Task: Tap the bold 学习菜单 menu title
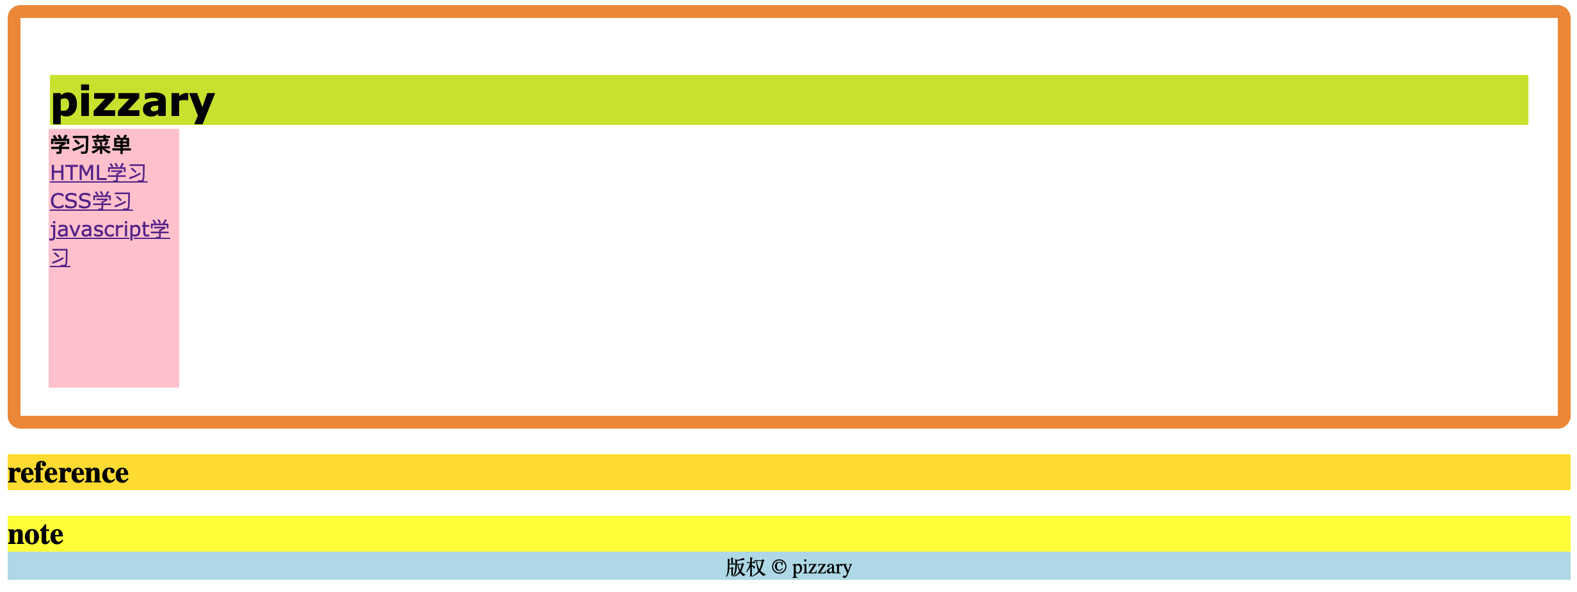point(90,145)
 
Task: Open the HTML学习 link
point(99,173)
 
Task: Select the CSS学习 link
point(91,201)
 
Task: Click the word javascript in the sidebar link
point(99,229)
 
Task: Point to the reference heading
point(68,473)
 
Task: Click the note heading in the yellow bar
point(35,534)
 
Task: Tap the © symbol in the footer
point(778,567)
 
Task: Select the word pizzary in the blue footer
point(822,567)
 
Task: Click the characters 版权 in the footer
point(745,567)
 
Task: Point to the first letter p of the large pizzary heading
point(63,104)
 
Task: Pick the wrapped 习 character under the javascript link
point(60,258)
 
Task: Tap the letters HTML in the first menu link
point(78,173)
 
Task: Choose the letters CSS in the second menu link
point(70,201)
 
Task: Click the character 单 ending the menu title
point(122,145)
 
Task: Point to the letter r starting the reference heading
point(13,474)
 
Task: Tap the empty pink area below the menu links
point(114,333)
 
